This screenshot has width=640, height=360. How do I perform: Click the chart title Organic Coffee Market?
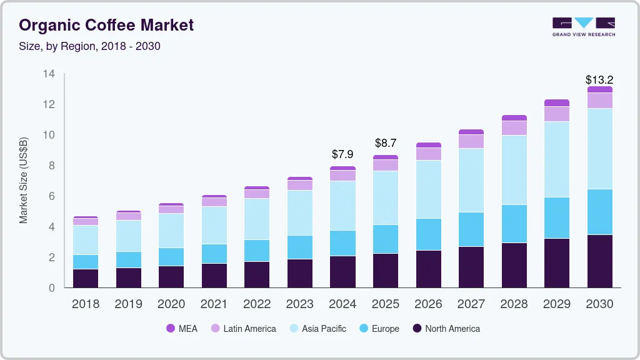click(x=106, y=25)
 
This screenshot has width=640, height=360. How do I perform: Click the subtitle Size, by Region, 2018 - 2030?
click(x=89, y=46)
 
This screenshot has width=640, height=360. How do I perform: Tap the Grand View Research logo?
click(x=583, y=26)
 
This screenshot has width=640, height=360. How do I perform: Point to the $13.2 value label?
click(x=599, y=79)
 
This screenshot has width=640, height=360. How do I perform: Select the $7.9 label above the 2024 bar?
click(x=342, y=154)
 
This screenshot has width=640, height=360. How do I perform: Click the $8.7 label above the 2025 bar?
click(x=386, y=143)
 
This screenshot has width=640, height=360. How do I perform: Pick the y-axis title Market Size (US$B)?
click(x=24, y=179)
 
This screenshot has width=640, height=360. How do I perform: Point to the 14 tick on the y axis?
click(x=49, y=74)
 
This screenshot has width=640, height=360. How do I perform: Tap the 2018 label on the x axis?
click(x=85, y=304)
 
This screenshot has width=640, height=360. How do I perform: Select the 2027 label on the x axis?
click(x=471, y=304)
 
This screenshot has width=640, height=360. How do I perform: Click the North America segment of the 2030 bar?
click(x=599, y=261)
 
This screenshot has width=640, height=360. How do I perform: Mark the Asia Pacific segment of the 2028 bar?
click(x=514, y=170)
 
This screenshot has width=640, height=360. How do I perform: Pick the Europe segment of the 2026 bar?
click(x=428, y=234)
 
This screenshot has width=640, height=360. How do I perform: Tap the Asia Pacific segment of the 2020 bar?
click(x=171, y=231)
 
